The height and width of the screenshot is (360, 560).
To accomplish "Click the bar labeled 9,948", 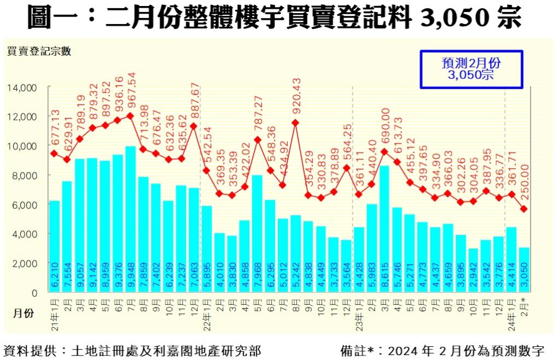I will [130, 219].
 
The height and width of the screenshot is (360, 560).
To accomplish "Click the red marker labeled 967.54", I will [130, 115].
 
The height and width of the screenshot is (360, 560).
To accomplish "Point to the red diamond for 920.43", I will [295, 123].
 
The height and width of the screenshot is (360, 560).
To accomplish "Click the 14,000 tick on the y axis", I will [22, 88].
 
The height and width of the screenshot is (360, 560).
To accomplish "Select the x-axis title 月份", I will [23, 313].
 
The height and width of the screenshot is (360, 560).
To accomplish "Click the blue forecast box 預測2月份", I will [471, 69].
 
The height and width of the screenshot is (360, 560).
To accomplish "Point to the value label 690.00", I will [385, 127].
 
